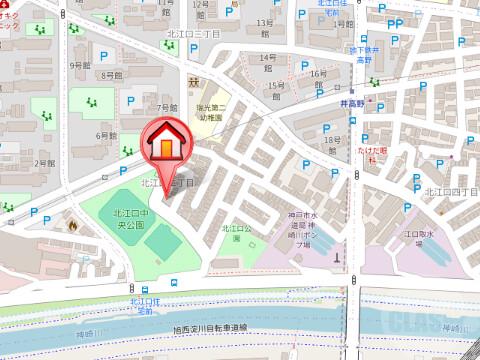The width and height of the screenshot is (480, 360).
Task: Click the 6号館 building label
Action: click(106, 135)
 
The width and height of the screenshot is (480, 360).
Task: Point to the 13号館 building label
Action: click(264, 23)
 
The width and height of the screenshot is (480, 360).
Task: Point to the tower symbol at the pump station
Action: click(337, 256)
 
